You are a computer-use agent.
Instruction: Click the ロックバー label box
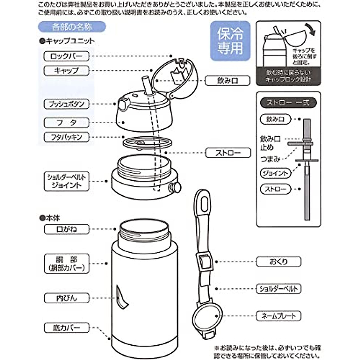(66, 56)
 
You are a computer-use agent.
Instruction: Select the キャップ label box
(66, 71)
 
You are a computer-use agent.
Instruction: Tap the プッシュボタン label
(66, 104)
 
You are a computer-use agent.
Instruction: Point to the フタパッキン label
(66, 137)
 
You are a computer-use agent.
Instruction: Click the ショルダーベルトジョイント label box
(66, 181)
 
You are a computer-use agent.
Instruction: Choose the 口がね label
(66, 229)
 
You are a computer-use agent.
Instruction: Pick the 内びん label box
(66, 298)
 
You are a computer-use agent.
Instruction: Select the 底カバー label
(66, 328)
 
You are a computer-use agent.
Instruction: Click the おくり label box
(278, 262)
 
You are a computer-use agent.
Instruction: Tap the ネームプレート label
(278, 316)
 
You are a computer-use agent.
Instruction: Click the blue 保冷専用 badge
(230, 41)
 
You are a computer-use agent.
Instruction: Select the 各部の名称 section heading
(72, 27)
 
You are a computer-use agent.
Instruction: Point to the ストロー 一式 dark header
(288, 103)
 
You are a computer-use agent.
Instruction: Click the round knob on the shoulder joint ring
(175, 187)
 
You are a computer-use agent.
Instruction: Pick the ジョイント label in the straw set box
(275, 173)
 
